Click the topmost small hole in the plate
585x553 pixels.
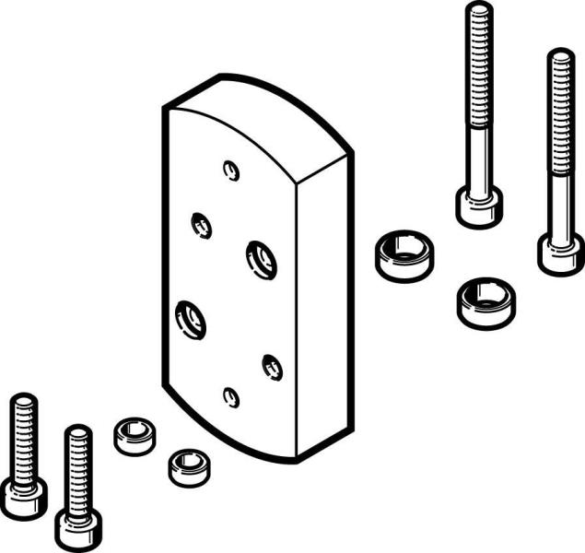point(231,170)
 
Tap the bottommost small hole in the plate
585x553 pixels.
point(231,396)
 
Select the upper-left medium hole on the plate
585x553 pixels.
point(201,224)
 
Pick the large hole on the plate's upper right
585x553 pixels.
point(261,258)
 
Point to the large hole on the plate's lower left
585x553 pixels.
point(191,318)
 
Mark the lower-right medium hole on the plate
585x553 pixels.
point(272,366)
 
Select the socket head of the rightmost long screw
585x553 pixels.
point(560,253)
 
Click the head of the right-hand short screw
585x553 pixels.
point(78,528)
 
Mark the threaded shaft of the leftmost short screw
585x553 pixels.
point(23,433)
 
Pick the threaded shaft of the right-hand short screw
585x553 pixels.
point(78,465)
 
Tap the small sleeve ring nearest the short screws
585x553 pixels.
point(135,434)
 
